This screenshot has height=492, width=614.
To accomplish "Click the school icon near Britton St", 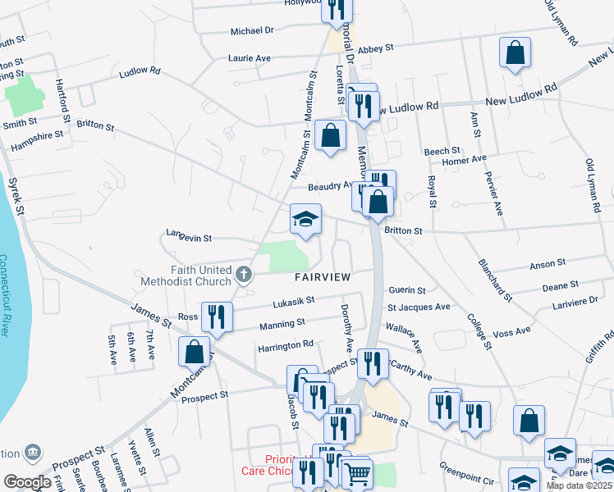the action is (x=305, y=220).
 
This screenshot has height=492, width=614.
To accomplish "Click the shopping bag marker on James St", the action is (x=194, y=352).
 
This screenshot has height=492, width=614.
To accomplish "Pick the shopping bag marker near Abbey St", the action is (x=515, y=53).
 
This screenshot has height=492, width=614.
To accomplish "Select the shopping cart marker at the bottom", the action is (x=356, y=474).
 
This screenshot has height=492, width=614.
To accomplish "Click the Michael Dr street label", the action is (x=251, y=30).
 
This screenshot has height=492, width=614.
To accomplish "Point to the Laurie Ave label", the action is (x=250, y=59).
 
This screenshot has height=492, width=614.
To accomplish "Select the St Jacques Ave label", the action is (x=419, y=307).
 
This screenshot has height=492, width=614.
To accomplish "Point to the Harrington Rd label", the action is (x=286, y=344).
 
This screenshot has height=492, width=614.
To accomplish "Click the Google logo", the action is (x=28, y=482).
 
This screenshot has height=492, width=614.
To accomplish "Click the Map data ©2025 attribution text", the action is (x=579, y=485).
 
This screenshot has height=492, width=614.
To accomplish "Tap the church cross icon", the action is (x=242, y=273).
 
